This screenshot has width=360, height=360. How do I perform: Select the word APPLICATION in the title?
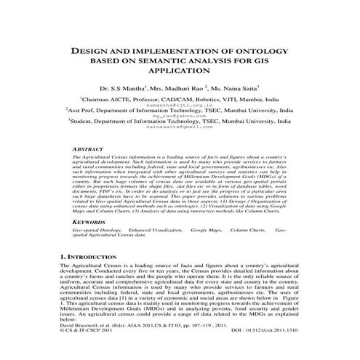click(179, 73)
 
